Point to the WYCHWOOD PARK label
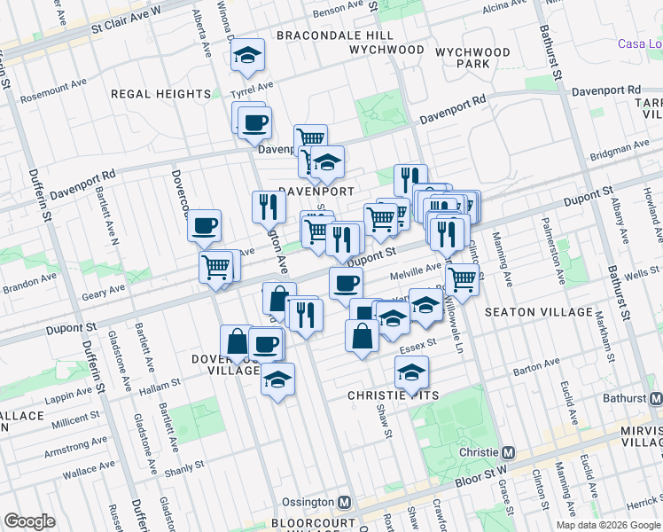click(473, 59)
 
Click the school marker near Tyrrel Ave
click(248, 56)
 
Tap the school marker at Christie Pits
click(411, 374)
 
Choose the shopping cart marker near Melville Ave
click(462, 278)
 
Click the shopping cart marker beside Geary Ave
click(216, 266)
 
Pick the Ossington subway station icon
click(346, 502)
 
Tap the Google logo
click(29, 521)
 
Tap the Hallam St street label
click(162, 382)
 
